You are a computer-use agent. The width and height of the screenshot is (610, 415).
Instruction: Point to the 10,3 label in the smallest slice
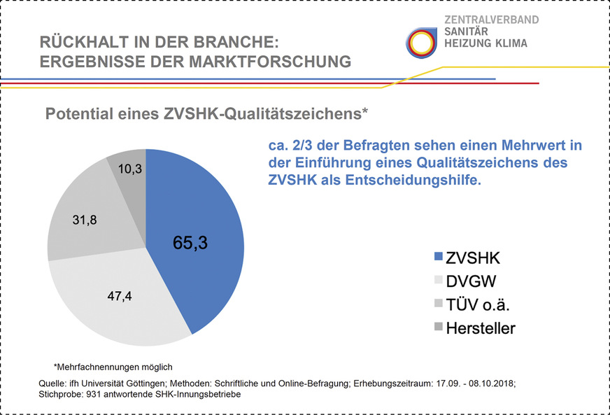point(129,168)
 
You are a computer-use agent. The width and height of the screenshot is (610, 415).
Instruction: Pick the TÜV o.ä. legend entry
point(481,304)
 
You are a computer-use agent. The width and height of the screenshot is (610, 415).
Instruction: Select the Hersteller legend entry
point(481,327)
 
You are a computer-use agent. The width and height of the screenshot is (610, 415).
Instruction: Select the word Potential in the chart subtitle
point(75,113)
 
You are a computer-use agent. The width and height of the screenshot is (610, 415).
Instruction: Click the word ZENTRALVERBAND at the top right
point(491,20)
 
